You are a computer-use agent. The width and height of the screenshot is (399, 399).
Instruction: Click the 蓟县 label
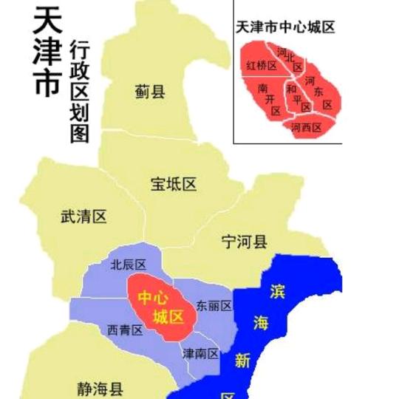coord(150,92)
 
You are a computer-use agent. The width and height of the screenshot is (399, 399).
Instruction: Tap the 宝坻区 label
coord(174,184)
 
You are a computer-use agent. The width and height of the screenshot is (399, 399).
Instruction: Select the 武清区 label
coord(83,217)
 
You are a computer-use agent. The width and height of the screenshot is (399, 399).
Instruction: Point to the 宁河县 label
coord(245,241)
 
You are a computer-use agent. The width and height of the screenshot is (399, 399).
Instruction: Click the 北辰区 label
coord(127,265)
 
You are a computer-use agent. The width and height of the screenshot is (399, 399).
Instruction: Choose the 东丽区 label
coord(214,305)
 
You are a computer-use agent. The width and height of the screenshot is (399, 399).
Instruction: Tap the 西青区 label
coord(125,330)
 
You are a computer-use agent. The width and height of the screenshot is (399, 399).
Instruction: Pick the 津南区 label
coord(201,353)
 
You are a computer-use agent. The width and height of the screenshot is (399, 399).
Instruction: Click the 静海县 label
coord(100,387)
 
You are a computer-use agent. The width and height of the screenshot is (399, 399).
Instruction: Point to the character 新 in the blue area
coord(242,361)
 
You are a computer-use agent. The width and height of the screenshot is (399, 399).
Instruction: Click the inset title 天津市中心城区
coord(284,27)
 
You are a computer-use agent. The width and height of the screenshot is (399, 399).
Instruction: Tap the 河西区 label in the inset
coord(306,127)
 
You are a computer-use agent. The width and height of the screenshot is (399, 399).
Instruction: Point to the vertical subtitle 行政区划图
coord(79,92)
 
